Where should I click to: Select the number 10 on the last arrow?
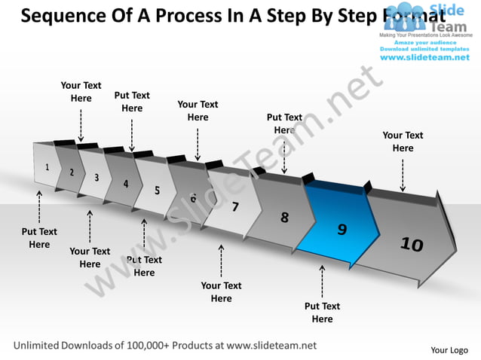click(412, 243)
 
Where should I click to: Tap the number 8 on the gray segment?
click(284, 218)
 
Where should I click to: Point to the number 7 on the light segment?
click(235, 206)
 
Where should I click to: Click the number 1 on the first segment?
click(48, 167)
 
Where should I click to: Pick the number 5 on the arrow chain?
click(157, 191)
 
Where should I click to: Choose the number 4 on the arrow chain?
click(126, 183)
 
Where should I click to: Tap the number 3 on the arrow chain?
click(97, 178)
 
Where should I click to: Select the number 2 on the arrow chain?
click(72, 172)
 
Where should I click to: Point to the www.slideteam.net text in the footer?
click(271, 346)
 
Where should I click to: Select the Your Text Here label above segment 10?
click(403, 142)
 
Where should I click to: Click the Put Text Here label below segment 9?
click(322, 313)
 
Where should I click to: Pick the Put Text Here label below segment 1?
click(39, 238)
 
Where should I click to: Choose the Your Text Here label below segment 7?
click(221, 291)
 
